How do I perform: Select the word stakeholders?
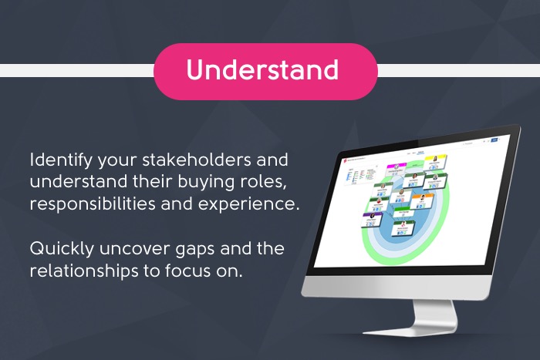(x=192, y=162)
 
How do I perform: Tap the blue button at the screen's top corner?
(x=494, y=140)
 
